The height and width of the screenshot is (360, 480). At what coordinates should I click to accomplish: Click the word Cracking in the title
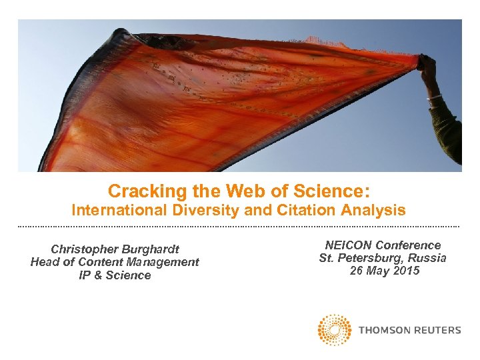point(139,192)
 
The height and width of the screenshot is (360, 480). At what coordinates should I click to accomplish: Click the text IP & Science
point(115,275)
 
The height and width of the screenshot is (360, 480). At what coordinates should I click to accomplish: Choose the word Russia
point(427,258)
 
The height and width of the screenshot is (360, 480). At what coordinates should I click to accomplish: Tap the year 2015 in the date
point(407,271)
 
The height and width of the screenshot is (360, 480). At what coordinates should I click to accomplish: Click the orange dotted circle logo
point(335,330)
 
